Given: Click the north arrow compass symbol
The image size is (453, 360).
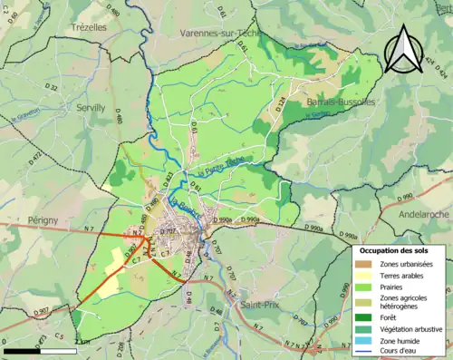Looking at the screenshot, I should (404, 48).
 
